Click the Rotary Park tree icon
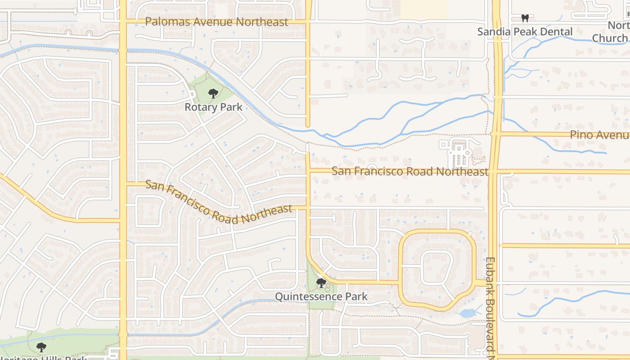click(213, 94)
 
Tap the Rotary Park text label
click(213, 107)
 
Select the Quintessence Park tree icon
click(321, 283)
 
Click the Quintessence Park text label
click(321, 297)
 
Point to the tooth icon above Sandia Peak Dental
click(525, 18)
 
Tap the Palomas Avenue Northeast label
click(216, 22)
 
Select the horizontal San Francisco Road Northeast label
click(409, 171)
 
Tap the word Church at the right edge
click(610, 38)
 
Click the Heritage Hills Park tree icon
click(41, 347)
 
